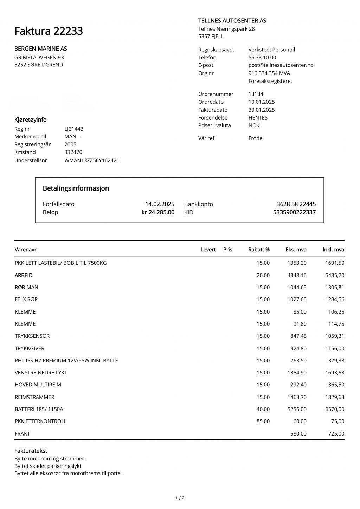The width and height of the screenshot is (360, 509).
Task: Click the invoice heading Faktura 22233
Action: pyautogui.click(x=49, y=31)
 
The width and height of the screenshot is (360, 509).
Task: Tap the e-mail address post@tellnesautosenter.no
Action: pyautogui.click(x=281, y=65)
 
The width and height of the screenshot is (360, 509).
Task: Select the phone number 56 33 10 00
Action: pyautogui.click(x=262, y=57)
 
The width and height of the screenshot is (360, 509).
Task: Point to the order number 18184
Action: pyautogui.click(x=256, y=94)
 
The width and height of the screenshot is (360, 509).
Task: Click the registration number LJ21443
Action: pyautogui.click(x=74, y=129)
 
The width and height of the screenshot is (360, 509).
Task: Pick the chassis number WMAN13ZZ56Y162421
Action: pyautogui.click(x=92, y=160)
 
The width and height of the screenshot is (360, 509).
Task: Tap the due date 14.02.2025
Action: pyautogui.click(x=160, y=204)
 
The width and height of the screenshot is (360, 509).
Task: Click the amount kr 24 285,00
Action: pyautogui.click(x=158, y=212)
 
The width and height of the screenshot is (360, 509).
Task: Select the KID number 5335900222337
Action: pyautogui.click(x=294, y=212)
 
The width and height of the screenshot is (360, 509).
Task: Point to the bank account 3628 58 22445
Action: pyautogui.click(x=296, y=204)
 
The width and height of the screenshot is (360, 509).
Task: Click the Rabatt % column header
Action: pyautogui.click(x=259, y=250)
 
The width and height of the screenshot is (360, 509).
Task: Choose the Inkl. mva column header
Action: pyautogui.click(x=333, y=250)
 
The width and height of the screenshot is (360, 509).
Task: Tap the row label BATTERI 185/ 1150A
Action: pyautogui.click(x=39, y=409)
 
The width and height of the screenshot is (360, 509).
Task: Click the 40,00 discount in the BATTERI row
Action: pyautogui.click(x=263, y=409)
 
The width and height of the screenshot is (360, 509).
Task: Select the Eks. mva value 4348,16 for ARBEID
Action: pyautogui.click(x=297, y=275)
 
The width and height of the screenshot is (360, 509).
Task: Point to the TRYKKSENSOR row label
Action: pyautogui.click(x=32, y=336)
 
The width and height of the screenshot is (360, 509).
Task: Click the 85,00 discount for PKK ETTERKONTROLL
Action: pyautogui.click(x=263, y=421)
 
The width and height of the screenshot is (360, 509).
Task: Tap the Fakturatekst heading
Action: pyautogui.click(x=31, y=451)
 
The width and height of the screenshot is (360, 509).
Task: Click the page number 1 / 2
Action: pyautogui.click(x=180, y=498)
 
